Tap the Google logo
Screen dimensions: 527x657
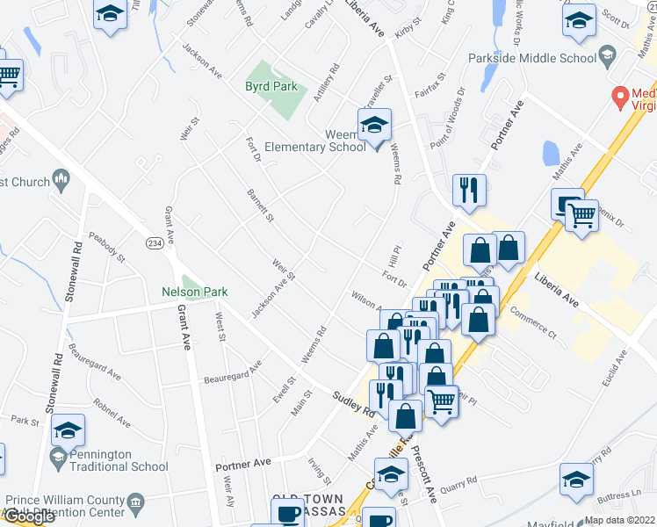tap(28, 517)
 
